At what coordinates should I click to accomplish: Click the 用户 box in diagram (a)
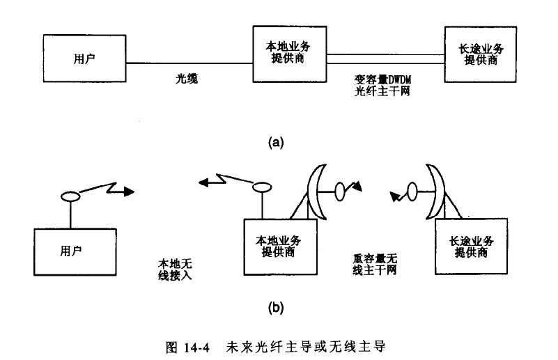84,57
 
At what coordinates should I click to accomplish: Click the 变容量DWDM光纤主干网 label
380,85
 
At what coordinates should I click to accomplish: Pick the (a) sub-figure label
277,142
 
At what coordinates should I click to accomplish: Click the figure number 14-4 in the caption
195,346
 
